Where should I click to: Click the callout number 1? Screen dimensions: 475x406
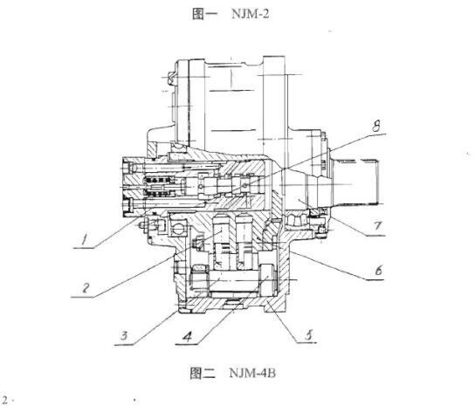coord(85,239)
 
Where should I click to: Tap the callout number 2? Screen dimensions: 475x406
coord(86,287)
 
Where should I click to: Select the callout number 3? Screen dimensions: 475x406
coord(125,335)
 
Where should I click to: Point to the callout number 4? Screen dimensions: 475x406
coord(188,336)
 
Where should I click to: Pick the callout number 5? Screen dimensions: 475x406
coord(309,334)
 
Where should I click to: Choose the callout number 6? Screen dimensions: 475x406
coord(378,271)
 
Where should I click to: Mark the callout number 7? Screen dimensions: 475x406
coord(377,226)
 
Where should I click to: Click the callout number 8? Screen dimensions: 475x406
coord(376,126)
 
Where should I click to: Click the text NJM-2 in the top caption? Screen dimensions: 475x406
coord(251,14)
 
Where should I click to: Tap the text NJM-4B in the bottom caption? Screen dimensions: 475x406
coord(252,373)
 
